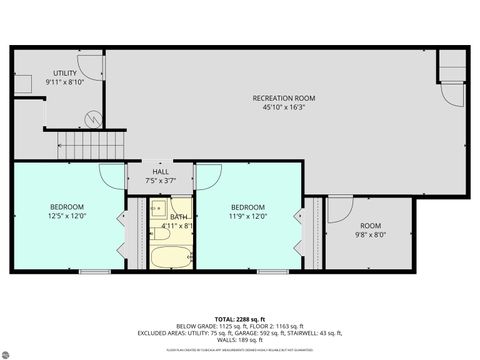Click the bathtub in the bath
click(x=171, y=256)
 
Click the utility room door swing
click(x=88, y=66)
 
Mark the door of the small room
click(x=338, y=209)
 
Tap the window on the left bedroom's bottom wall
click(x=95, y=271)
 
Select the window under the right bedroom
click(x=271, y=271)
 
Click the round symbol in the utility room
click(x=94, y=118)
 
